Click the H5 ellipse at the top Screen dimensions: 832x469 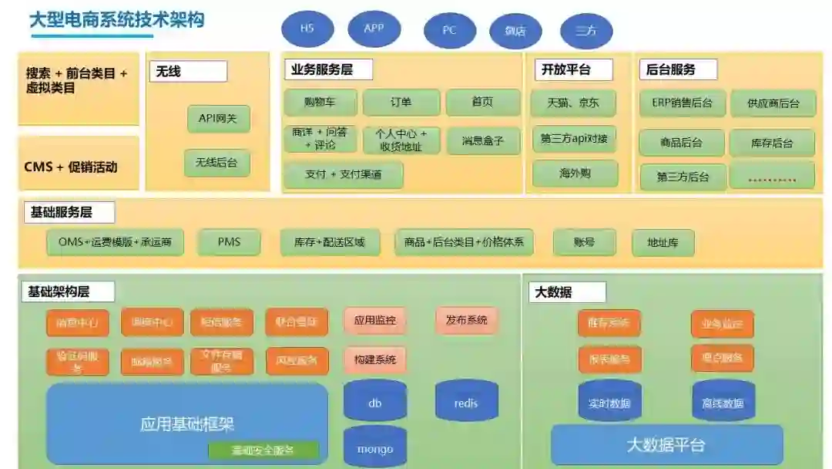click(307, 29)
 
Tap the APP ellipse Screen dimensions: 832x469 click(374, 29)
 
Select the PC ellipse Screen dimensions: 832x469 click(449, 31)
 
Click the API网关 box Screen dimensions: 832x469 click(218, 118)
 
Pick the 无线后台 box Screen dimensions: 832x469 click(216, 163)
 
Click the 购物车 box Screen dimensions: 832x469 click(320, 103)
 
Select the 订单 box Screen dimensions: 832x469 click(401, 103)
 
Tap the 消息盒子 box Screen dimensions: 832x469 click(483, 141)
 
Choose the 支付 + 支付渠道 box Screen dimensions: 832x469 click(343, 174)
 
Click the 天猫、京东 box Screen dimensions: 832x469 click(572, 103)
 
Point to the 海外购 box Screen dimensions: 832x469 click(572, 174)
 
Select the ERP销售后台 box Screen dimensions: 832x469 click(682, 103)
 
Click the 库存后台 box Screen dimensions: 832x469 click(771, 143)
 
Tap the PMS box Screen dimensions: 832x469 click(229, 242)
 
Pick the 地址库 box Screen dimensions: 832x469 click(663, 243)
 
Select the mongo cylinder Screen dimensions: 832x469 click(375, 448)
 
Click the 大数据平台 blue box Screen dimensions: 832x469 click(666, 445)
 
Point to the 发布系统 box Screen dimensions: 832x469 click(466, 320)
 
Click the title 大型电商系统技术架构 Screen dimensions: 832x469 click(117, 19)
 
